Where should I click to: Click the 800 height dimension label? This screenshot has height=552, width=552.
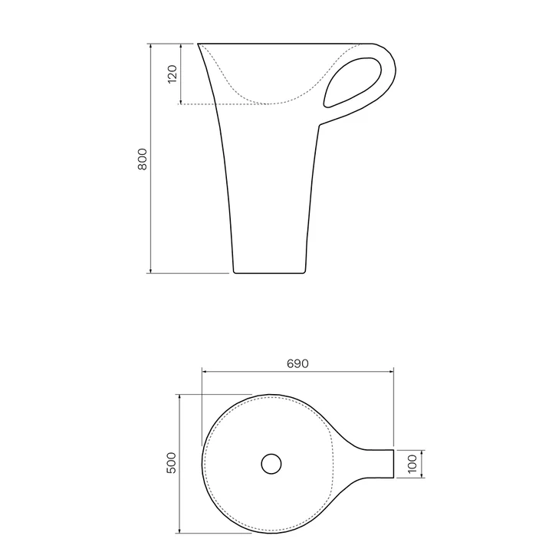click(143, 159)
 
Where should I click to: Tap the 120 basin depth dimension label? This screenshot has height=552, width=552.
click(172, 74)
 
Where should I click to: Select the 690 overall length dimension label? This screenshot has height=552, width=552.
click(297, 363)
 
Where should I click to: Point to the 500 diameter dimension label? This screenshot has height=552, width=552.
click(171, 463)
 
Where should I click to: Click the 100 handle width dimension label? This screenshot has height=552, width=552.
click(412, 464)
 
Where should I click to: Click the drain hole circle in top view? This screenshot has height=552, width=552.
click(271, 464)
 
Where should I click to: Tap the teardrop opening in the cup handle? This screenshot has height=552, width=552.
click(352, 82)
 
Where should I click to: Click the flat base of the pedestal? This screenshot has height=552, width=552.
click(269, 273)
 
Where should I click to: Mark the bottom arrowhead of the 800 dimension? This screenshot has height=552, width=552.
click(151, 270)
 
